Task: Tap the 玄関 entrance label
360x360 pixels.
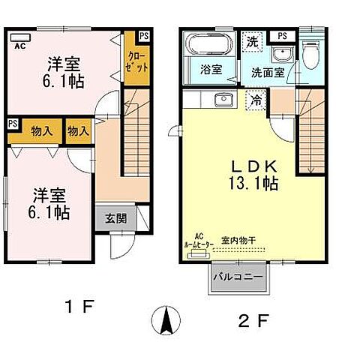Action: pos(115,219)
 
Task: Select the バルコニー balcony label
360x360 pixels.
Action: pos(236,277)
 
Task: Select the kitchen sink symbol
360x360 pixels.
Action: pos(223,99)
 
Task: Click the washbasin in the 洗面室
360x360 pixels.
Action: pos(280,55)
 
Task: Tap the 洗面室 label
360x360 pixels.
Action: pos(267,73)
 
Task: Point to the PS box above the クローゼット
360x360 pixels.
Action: pos(143,35)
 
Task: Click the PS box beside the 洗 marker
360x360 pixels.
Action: pos(282,35)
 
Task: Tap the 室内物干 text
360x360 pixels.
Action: pos(238,240)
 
